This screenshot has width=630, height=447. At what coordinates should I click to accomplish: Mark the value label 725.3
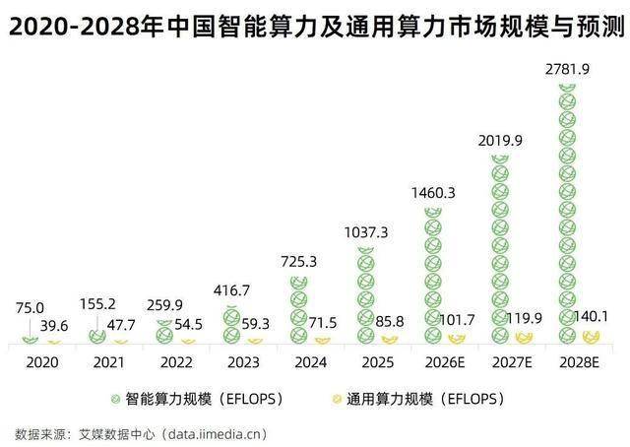point(298,263)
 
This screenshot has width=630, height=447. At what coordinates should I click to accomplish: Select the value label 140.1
point(592,316)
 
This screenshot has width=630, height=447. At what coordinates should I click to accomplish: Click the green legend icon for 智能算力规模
point(115,399)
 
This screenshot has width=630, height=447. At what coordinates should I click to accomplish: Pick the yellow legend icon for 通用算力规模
point(337,399)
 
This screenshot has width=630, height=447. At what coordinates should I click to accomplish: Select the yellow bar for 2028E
point(591,337)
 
